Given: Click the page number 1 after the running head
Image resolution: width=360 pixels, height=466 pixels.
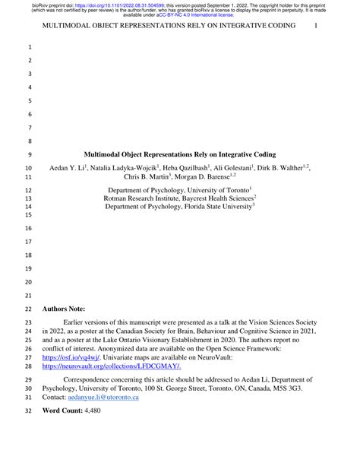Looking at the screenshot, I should pos(316,27).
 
